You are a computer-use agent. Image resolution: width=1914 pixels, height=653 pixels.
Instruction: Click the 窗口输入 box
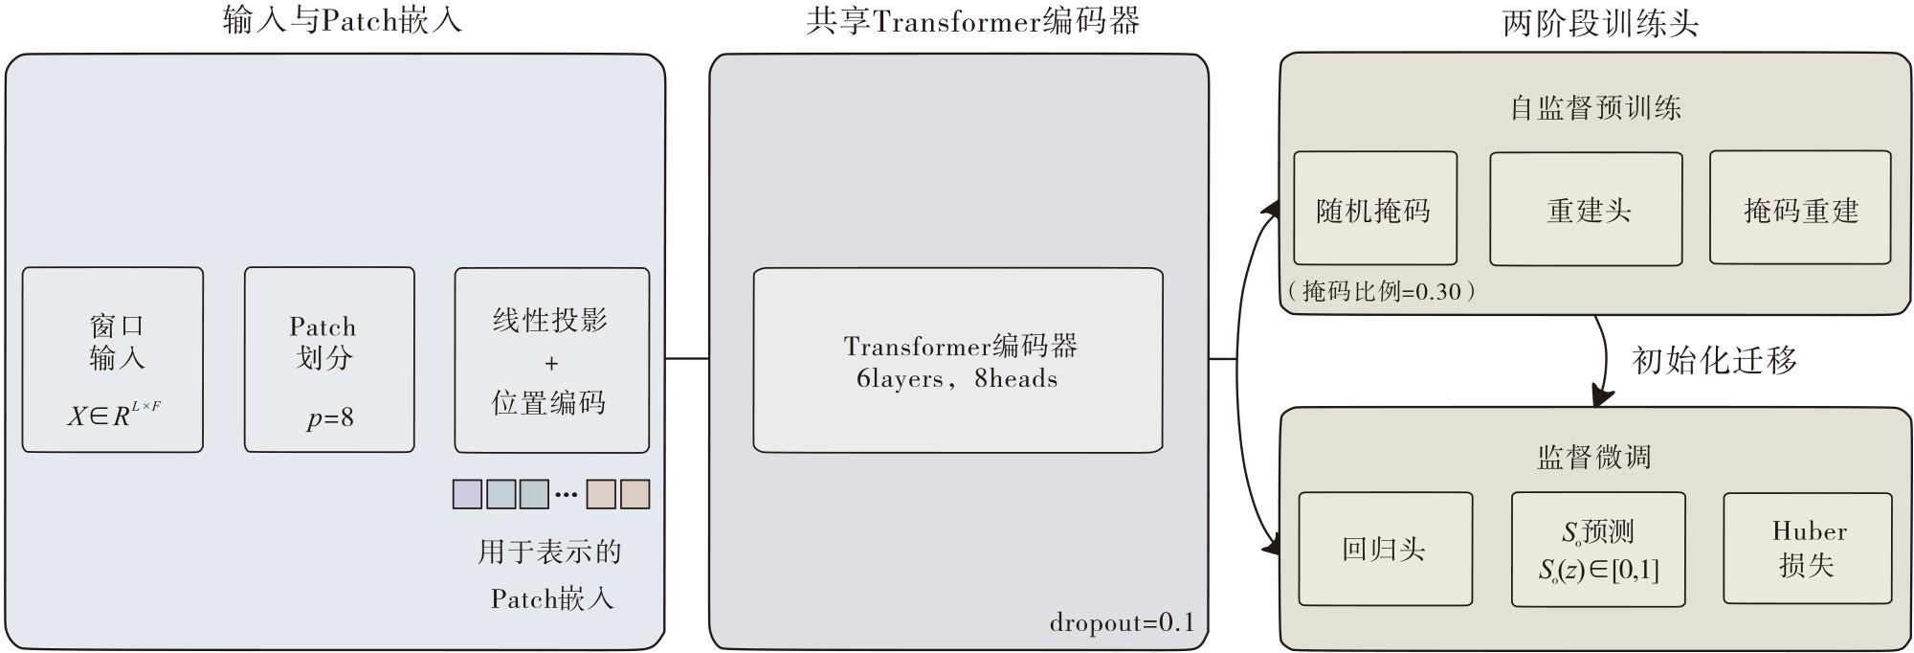click(113, 359)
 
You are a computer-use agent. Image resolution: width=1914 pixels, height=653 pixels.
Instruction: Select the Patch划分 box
click(329, 359)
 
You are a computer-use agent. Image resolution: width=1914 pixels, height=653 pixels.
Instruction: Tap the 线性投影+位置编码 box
click(551, 359)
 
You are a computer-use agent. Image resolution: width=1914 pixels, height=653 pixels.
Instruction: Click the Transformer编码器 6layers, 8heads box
click(958, 360)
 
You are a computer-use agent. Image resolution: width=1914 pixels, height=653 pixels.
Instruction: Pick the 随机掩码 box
click(1375, 208)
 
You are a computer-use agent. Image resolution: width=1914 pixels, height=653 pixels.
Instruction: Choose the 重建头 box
click(1586, 209)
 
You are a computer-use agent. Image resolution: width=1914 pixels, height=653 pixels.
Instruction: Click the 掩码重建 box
click(1800, 207)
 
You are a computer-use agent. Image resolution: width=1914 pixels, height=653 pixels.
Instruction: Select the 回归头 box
click(1386, 549)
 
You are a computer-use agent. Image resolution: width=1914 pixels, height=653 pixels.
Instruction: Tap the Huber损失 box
click(1808, 548)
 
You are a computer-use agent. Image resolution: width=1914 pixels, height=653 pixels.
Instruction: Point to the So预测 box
click(1598, 550)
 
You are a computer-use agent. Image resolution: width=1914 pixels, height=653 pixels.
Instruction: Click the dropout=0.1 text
click(1122, 622)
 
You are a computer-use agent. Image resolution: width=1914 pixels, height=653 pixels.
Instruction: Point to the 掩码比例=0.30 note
click(1379, 291)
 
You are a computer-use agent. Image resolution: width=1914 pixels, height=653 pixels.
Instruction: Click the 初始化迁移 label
click(1714, 360)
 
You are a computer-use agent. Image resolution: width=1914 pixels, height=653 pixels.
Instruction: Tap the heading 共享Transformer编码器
click(972, 21)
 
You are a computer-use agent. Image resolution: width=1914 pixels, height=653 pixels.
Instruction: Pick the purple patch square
click(467, 494)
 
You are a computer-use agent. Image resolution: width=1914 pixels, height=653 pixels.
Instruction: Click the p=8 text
click(330, 417)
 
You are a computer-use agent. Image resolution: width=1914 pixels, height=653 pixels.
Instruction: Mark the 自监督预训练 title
click(1595, 107)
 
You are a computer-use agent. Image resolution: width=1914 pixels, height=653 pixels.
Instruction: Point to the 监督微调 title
click(1594, 457)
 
